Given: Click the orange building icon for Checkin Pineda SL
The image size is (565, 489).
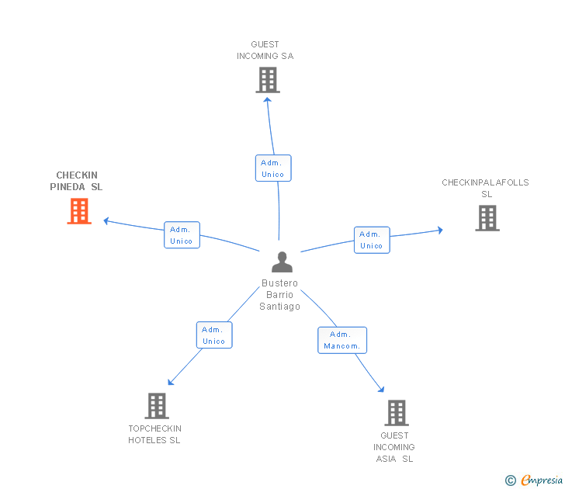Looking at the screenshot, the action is (x=79, y=211).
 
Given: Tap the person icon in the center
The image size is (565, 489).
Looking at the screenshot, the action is (x=282, y=262).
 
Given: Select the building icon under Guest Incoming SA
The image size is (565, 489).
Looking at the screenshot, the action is (x=268, y=81).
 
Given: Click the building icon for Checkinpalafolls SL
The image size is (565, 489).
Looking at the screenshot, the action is (x=487, y=218).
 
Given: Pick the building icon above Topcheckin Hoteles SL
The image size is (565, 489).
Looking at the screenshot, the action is (x=157, y=406).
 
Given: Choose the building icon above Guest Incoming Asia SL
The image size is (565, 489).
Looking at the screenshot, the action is (x=397, y=413).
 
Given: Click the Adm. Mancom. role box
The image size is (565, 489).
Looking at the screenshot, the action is (x=342, y=340).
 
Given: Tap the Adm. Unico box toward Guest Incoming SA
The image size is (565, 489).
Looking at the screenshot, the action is (x=273, y=168).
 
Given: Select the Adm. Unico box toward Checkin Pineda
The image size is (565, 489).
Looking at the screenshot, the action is (x=182, y=235).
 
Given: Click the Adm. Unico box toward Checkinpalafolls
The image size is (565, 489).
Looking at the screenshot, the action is (x=372, y=240).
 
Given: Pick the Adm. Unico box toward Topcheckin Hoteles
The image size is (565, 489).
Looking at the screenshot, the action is (x=214, y=335).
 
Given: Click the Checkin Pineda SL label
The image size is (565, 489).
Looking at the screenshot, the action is (x=76, y=181).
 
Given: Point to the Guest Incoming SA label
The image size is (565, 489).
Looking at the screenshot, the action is (x=265, y=50).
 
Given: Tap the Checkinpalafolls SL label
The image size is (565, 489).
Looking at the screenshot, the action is (x=485, y=188).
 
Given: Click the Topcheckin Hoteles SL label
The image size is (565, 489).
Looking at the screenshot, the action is (x=154, y=434).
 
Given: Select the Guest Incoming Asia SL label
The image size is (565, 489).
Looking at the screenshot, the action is (x=394, y=447).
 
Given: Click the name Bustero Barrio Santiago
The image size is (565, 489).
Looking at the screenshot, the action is (x=279, y=295).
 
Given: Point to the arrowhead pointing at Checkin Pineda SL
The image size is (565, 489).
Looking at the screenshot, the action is (x=106, y=221).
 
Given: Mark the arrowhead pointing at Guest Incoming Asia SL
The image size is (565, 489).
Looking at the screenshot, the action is (x=381, y=389).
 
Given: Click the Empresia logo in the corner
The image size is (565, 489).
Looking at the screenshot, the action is (x=534, y=480).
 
